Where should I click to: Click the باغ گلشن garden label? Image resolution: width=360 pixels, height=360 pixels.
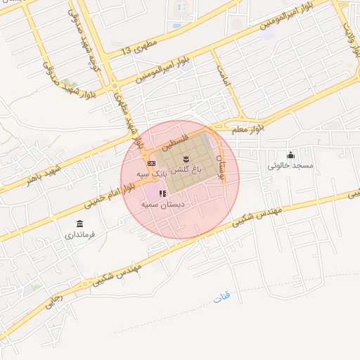(186, 169)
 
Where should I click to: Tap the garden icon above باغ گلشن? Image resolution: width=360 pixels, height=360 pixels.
(186, 158)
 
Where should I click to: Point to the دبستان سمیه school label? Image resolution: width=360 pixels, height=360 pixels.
(162, 204)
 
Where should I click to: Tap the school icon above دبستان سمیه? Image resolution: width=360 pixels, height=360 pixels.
(162, 193)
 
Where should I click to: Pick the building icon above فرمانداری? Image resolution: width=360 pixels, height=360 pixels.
(79, 224)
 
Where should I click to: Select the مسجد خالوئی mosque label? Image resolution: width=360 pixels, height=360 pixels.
(290, 166)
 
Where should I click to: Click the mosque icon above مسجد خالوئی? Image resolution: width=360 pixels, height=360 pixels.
(290, 155)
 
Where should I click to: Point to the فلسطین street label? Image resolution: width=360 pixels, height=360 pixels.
(175, 142)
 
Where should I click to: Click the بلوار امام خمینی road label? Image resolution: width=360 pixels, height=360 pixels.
(110, 194)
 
